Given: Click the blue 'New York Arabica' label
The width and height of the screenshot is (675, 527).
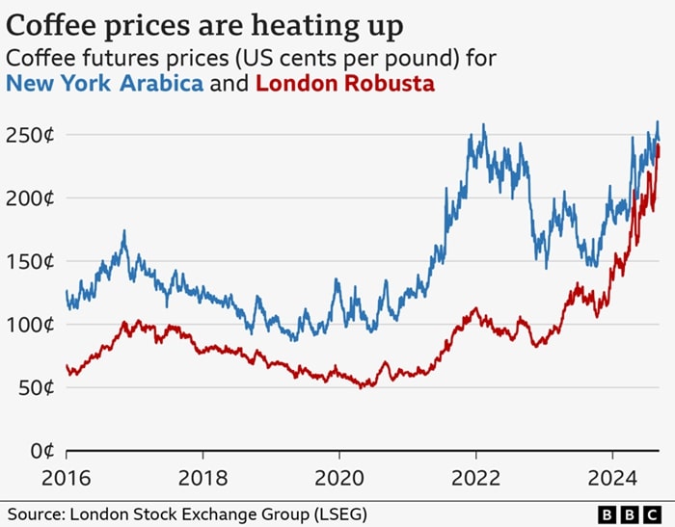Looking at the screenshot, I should [104, 84].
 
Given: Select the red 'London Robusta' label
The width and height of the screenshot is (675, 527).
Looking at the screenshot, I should [345, 84].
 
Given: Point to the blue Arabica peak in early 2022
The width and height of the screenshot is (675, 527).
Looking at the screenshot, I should [483, 125].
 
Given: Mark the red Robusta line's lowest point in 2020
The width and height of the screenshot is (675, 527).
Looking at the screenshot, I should [362, 387].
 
